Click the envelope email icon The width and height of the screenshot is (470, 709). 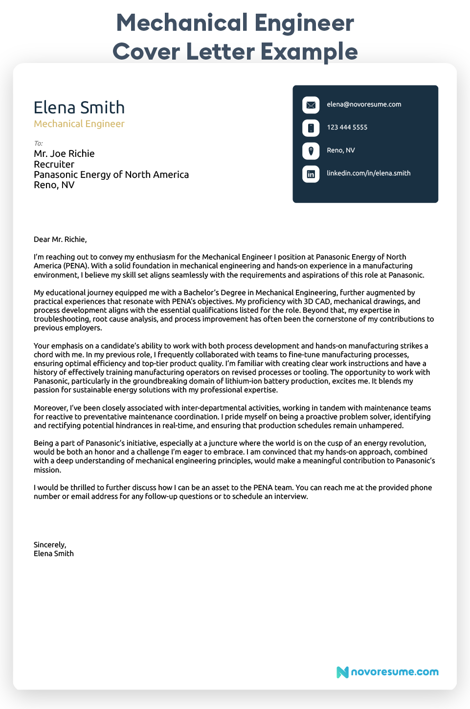(x=311, y=105)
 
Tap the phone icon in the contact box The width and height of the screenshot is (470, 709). (x=311, y=128)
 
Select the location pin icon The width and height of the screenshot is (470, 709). (x=311, y=150)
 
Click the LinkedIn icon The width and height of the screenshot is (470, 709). (x=311, y=173)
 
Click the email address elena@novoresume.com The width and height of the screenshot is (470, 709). (x=364, y=105)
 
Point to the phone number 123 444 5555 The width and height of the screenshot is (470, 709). (x=347, y=128)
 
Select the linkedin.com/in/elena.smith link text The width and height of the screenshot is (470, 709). (x=368, y=173)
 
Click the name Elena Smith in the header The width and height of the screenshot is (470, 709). (x=79, y=107)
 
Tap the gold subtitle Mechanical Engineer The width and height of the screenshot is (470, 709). (x=79, y=124)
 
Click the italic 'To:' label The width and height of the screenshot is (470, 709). (x=38, y=143)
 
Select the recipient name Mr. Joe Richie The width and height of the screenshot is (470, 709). (x=64, y=154)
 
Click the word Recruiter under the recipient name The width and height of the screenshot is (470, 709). (x=54, y=165)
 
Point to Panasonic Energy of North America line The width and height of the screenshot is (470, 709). (x=111, y=175)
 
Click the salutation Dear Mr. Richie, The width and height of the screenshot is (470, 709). (x=60, y=239)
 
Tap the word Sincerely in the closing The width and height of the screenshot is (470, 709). (x=49, y=545)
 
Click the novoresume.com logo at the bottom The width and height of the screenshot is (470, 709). (x=387, y=672)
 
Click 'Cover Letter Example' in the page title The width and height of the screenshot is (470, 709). (x=235, y=51)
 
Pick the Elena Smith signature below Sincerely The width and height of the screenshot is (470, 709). (x=54, y=554)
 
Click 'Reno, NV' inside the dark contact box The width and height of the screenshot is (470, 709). (x=340, y=150)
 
